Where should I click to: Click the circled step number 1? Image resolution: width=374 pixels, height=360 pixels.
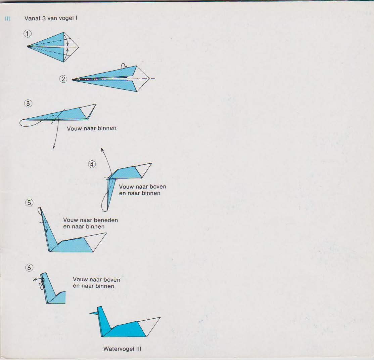28,34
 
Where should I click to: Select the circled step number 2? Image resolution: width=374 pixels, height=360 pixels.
63,79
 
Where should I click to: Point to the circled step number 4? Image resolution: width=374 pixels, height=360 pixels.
92,164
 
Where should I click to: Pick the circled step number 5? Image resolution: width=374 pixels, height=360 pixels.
29,202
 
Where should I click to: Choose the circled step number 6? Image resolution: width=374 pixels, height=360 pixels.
29,268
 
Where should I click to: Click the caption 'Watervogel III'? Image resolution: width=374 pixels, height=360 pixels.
122,349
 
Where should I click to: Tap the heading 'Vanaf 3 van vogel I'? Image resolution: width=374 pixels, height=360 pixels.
51,18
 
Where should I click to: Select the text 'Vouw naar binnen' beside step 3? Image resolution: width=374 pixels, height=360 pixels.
91,128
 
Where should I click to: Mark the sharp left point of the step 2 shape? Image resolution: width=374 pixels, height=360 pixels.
73,79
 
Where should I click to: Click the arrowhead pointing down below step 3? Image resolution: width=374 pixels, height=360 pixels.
53,148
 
